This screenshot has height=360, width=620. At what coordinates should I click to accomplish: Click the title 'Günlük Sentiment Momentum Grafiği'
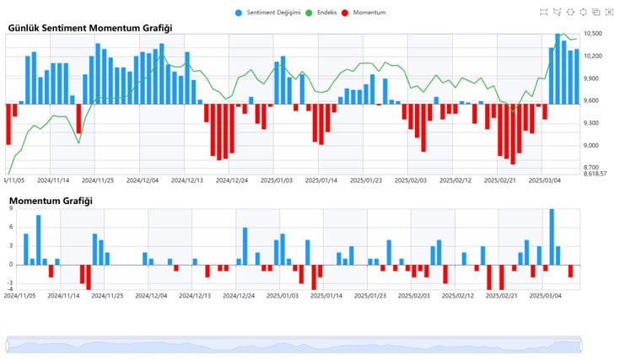tap(85, 28)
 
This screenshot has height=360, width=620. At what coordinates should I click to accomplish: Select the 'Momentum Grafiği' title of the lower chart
tap(51, 201)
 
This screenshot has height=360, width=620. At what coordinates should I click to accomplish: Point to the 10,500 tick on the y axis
tap(591, 34)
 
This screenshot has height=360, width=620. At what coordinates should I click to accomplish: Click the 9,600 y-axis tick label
tap(591, 101)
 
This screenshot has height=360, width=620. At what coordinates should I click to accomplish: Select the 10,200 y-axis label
tap(591, 56)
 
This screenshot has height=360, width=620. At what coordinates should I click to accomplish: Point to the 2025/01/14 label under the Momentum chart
tap(321, 296)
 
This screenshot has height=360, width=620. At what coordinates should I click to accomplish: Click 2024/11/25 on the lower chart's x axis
tap(108, 296)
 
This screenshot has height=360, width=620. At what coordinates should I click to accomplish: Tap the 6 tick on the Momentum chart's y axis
tap(11, 228)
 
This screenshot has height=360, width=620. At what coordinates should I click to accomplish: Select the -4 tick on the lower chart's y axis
tap(10, 289)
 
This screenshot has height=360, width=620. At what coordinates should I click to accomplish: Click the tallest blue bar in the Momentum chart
tap(552, 237)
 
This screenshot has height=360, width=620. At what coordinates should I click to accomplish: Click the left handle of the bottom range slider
tap(7, 345)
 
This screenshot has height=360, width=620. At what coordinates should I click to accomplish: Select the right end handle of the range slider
tap(582, 345)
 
